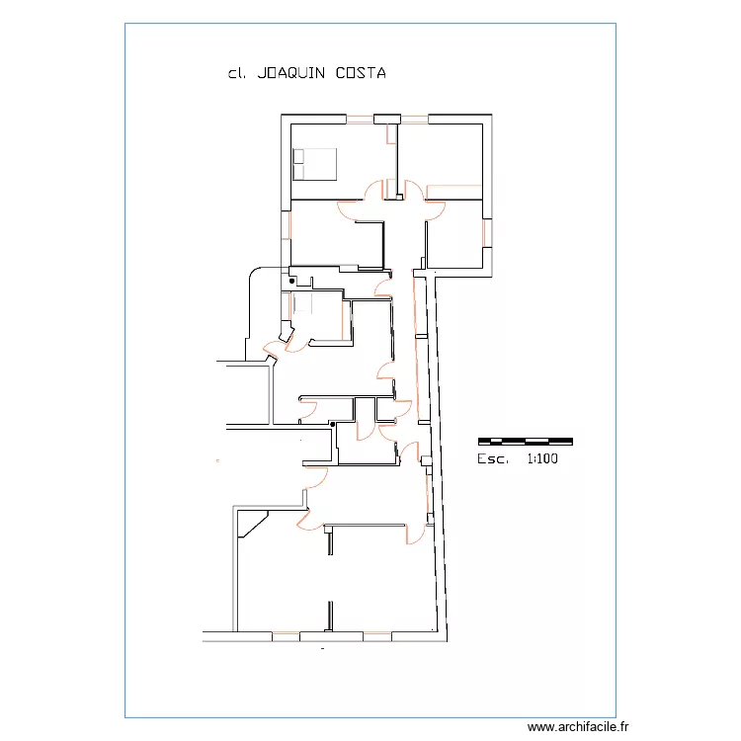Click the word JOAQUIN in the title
291,74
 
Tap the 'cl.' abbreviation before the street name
236,74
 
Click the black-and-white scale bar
525,440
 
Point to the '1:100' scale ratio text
542,459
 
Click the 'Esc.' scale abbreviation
493,459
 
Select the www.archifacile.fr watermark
578,726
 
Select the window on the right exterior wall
485,233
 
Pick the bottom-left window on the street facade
286,631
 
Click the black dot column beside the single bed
292,283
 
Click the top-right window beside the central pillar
414,121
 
